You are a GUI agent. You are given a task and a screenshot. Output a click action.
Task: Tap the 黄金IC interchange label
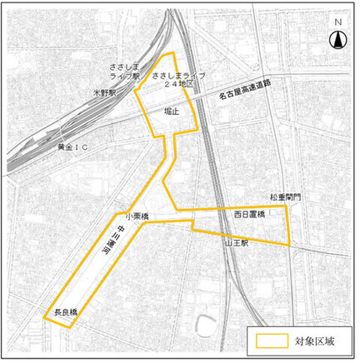click(x=72, y=147)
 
